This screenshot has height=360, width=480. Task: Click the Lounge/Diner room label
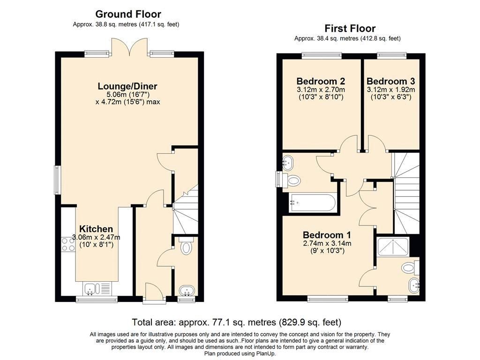[x=127, y=86]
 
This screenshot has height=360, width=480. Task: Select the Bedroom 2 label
[x=321, y=81]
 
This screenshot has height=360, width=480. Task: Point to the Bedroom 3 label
[x=390, y=81]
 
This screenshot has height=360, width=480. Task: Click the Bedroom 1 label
[x=327, y=235]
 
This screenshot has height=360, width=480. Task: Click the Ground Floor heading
[x=128, y=14]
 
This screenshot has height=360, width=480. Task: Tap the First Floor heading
[x=350, y=29]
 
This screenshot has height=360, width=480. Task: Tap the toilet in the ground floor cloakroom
[x=185, y=247]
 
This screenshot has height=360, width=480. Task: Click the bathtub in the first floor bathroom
[x=312, y=202]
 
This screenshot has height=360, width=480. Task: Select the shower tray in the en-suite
[x=393, y=247]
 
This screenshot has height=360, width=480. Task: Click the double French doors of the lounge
[x=130, y=47]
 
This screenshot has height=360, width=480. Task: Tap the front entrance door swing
[x=154, y=290]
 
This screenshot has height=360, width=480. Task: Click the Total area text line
[x=236, y=322]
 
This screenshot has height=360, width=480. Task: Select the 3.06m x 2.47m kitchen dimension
[x=96, y=237]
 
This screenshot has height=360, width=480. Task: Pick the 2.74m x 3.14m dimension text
[x=327, y=243]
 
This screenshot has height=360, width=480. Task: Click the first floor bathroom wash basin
[x=288, y=163]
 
